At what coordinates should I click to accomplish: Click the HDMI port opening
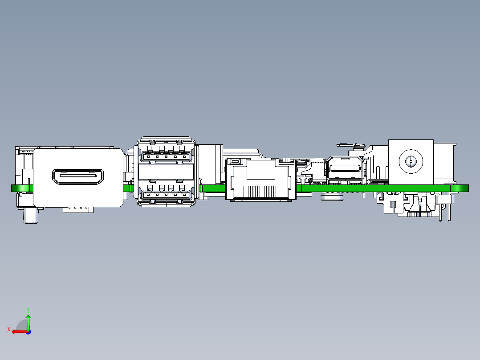tap(78, 176)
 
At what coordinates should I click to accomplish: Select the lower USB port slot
tap(166, 195)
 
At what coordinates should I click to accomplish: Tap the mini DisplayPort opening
tap(345, 168)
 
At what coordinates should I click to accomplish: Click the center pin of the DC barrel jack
tap(411, 161)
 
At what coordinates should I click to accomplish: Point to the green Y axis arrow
tap(28, 321)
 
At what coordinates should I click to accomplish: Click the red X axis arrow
tap(20, 331)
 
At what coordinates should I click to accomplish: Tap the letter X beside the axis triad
tap(9, 329)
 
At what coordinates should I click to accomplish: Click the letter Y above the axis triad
tap(28, 310)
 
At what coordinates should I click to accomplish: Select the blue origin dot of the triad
tap(28, 332)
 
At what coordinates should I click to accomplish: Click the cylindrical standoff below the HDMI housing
tap(31, 216)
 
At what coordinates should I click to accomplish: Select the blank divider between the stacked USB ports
tap(166, 172)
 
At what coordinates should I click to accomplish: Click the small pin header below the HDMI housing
tap(78, 209)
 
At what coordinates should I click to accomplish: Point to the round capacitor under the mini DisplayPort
tap(332, 196)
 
